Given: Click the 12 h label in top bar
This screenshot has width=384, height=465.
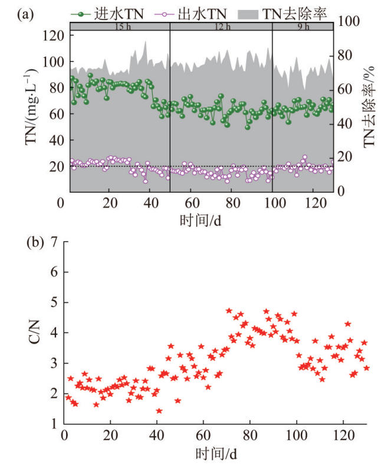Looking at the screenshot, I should click(221, 26).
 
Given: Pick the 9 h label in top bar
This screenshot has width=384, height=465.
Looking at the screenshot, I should click(303, 26).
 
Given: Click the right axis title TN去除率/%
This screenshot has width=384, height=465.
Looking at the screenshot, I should click(370, 107).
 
